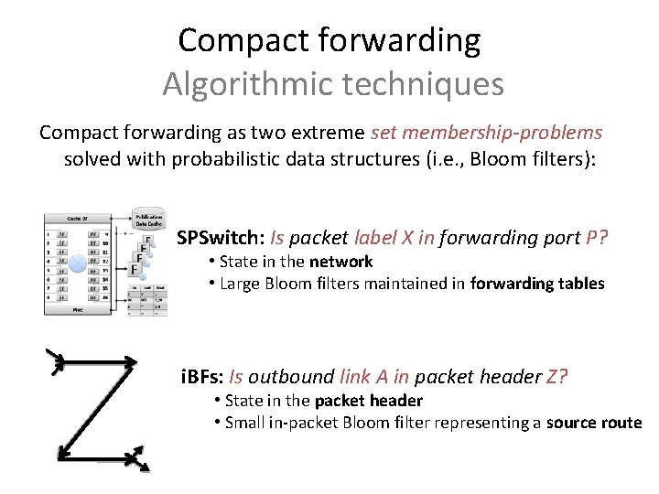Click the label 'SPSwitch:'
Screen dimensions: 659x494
click(x=220, y=238)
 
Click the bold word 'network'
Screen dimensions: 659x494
click(x=340, y=262)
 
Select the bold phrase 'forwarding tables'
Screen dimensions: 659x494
click(x=537, y=284)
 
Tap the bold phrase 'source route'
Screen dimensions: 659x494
click(x=594, y=422)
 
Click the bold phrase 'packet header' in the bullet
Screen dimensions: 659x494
click(x=369, y=401)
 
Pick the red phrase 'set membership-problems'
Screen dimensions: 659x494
click(x=487, y=133)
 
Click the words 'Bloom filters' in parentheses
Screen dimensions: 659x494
click(x=535, y=158)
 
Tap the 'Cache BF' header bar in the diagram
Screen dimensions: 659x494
click(x=77, y=218)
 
